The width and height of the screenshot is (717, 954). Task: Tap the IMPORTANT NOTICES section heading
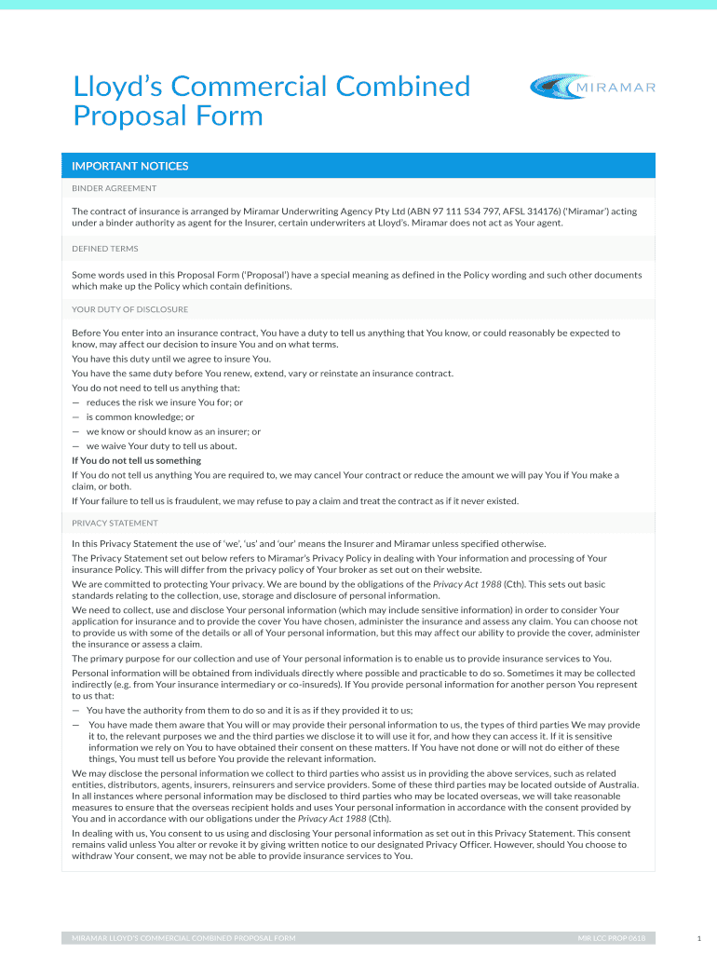pos(130,166)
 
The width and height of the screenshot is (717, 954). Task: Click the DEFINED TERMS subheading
pos(105,249)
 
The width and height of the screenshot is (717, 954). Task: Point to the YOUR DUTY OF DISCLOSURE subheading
pos(130,309)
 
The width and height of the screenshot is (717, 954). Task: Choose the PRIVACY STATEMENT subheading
pos(115,523)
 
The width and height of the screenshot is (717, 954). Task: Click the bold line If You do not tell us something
pos(136,460)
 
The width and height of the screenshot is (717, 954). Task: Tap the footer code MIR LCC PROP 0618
pos(611,938)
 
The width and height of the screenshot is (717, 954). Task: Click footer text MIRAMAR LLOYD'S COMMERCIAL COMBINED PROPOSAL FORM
pos(183,938)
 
